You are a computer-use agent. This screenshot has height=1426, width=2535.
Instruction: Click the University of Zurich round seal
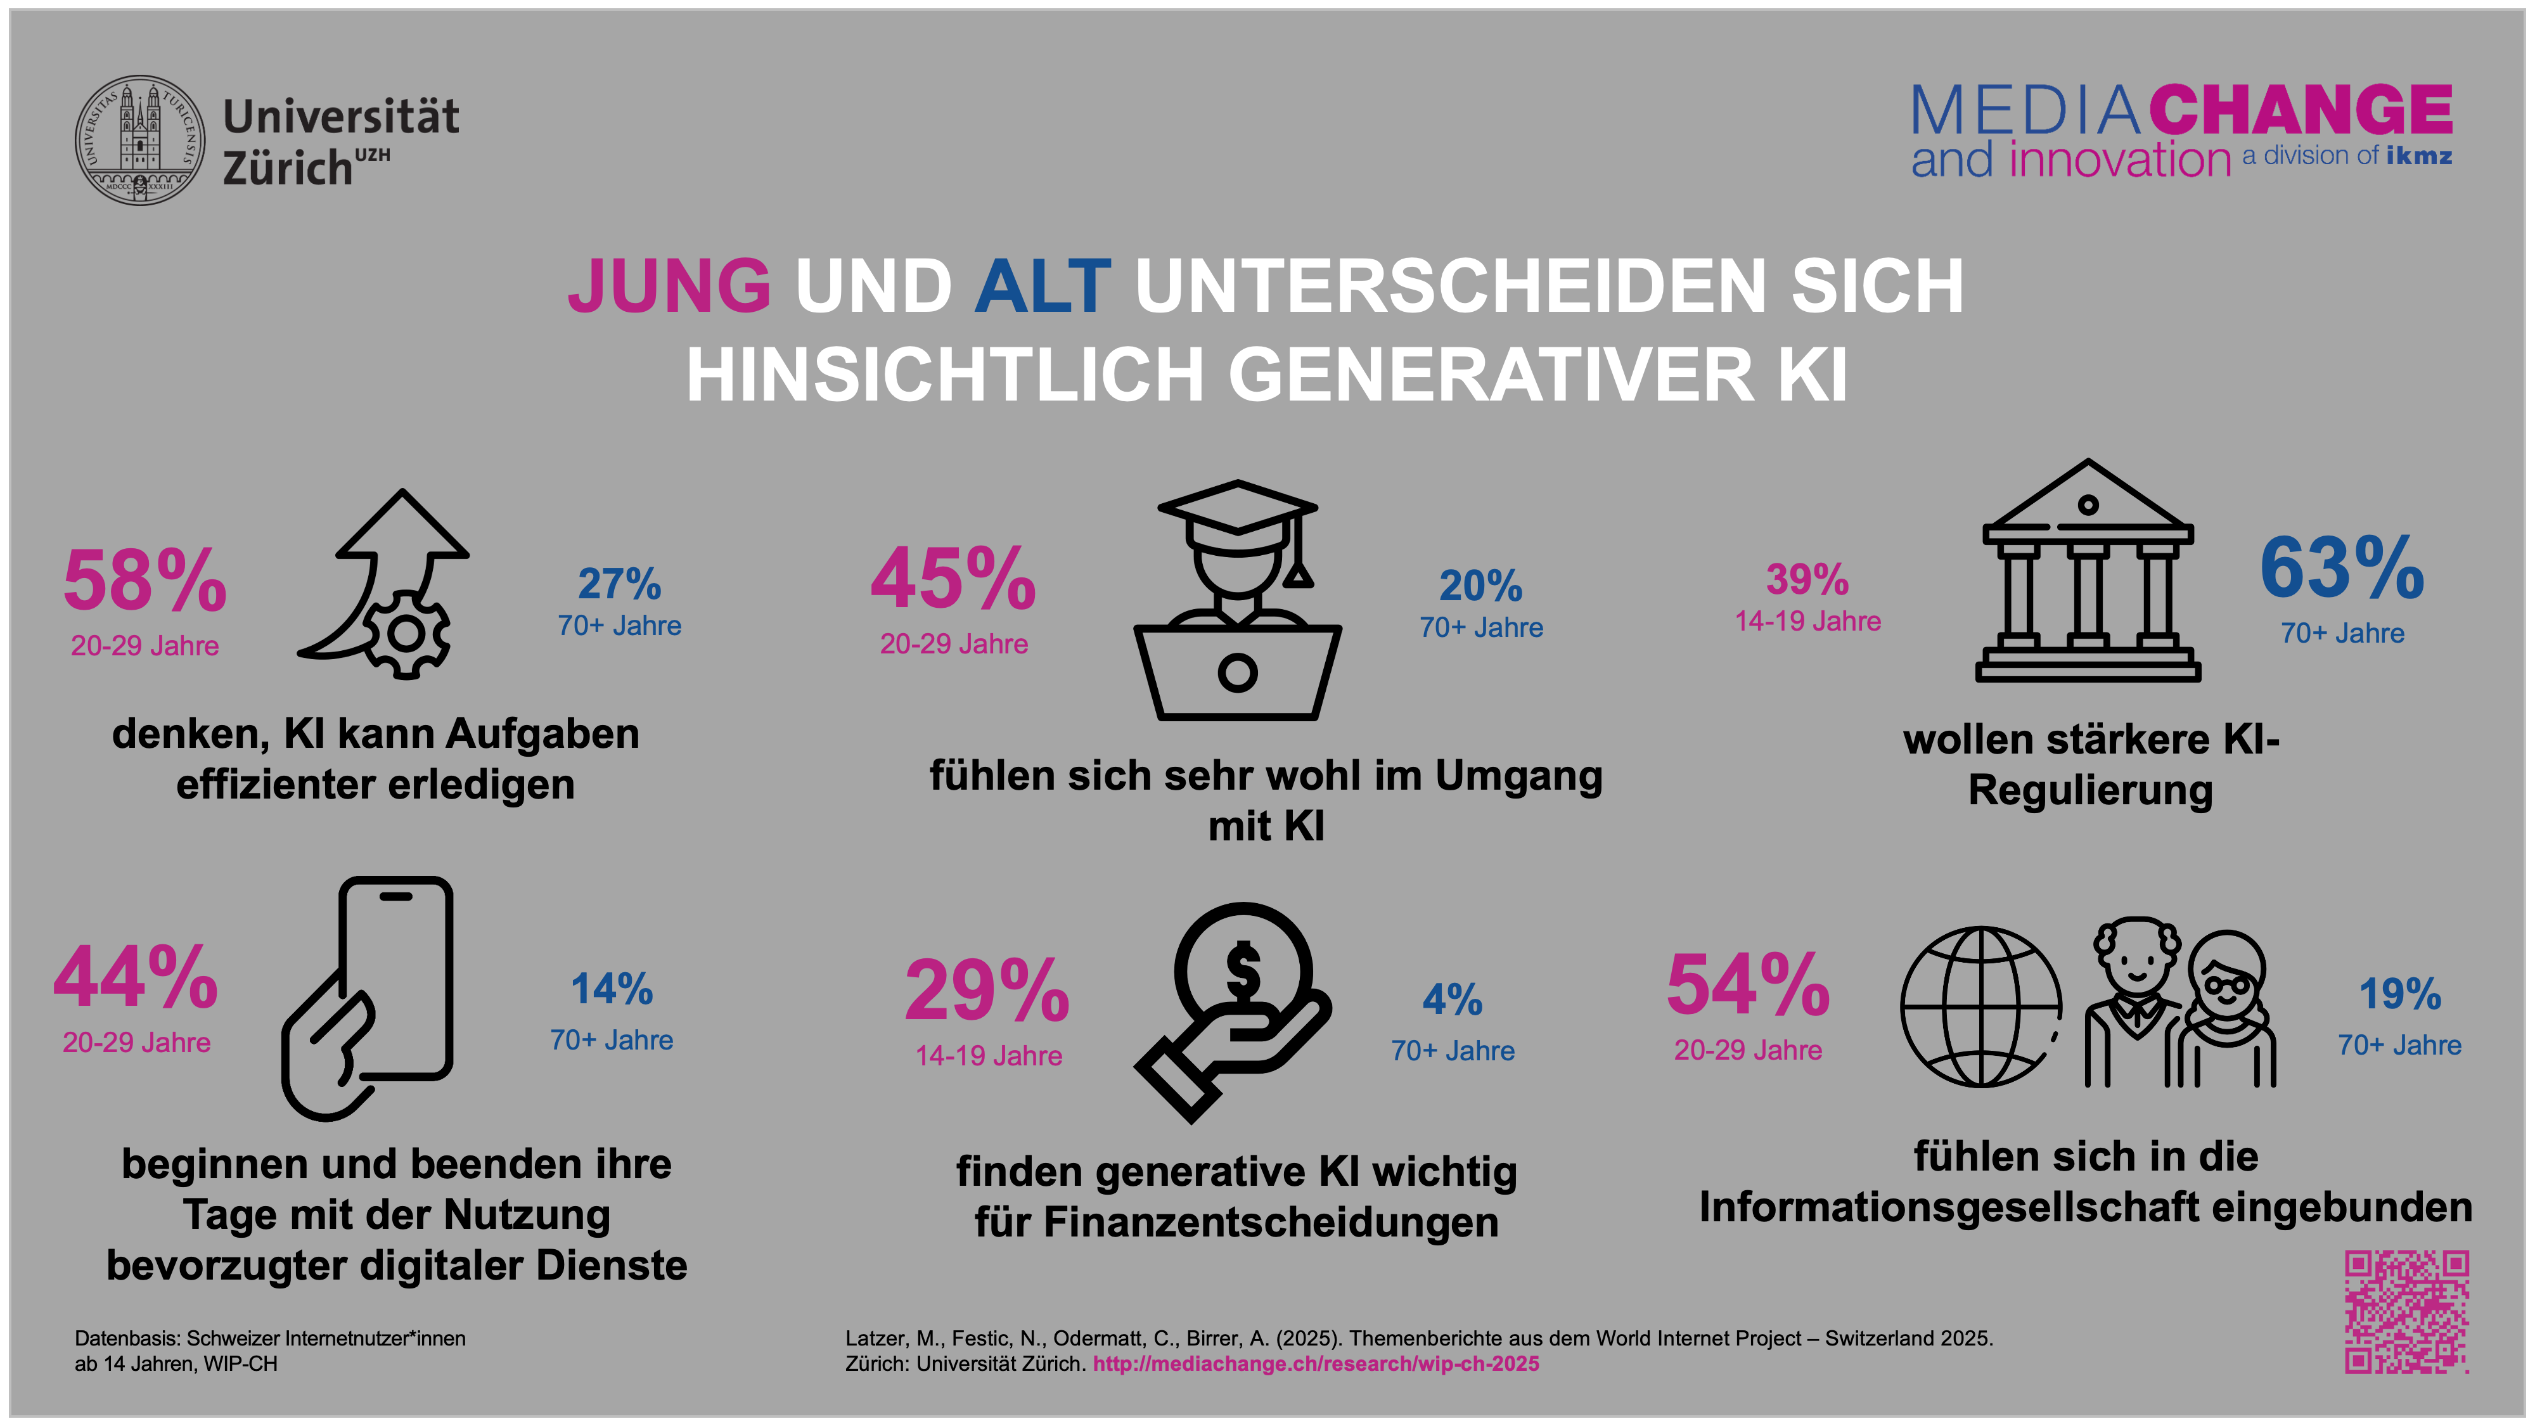pos(141,141)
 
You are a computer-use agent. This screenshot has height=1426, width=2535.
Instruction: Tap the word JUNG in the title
pos(669,286)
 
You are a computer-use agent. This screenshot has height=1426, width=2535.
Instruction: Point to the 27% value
pos(619,584)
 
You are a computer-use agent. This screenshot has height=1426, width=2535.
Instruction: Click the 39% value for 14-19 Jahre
pos(1807,580)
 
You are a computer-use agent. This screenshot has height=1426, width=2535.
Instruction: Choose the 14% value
pos(612,989)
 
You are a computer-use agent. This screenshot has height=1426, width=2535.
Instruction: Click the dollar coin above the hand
pos(1243,970)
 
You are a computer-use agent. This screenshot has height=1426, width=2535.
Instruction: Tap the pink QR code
pos(2406,1312)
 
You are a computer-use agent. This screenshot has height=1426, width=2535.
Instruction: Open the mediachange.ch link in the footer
pos(1316,1364)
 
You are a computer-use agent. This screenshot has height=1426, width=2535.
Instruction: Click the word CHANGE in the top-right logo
pos(2301,110)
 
